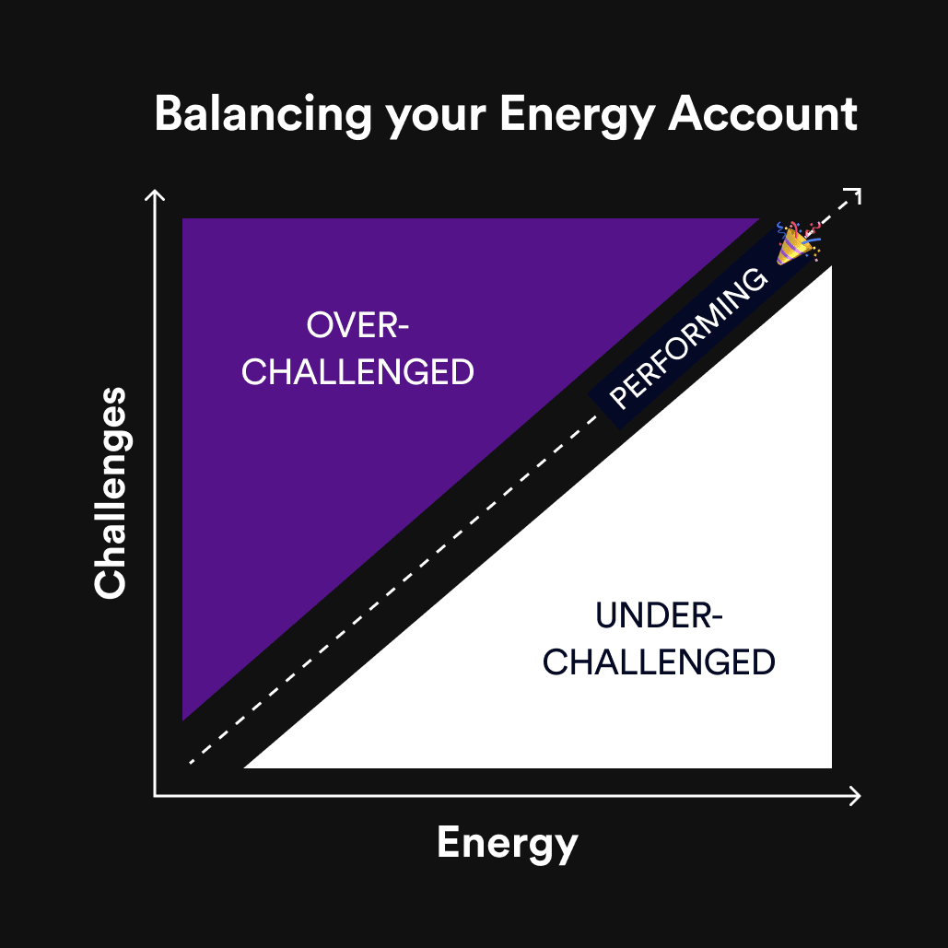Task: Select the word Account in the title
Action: (764, 114)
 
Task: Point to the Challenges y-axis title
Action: (110, 493)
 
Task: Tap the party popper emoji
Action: (796, 242)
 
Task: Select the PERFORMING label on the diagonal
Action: (689, 338)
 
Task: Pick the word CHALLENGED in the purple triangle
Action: (357, 372)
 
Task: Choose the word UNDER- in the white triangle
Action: (659, 615)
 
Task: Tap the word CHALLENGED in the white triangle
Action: (659, 662)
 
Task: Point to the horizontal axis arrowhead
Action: (858, 796)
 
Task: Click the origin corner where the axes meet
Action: (156, 796)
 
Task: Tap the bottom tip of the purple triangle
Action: (183, 718)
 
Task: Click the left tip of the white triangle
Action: (246, 766)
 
